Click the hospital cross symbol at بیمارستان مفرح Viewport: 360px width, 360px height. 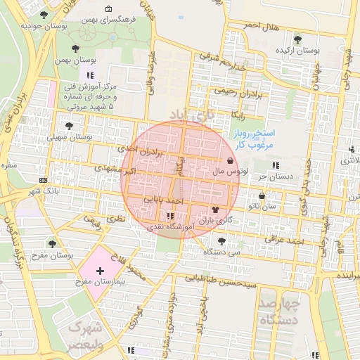click(100, 270)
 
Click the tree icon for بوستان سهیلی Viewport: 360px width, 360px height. click(69, 126)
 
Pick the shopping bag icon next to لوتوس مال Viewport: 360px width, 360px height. click(231, 161)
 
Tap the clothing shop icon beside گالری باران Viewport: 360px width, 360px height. click(214, 210)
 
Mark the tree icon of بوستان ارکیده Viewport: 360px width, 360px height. click(297, 39)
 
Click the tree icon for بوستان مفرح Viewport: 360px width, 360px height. click(51, 243)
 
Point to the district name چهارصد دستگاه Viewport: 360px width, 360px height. click(279, 311)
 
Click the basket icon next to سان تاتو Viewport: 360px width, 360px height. click(262, 196)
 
